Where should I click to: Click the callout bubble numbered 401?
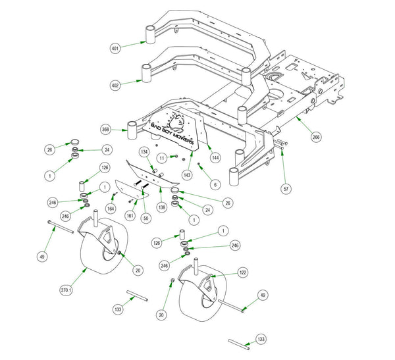[115, 48]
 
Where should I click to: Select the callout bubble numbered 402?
[115, 86]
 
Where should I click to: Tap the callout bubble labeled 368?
[105, 130]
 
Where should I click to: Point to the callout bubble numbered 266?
[316, 137]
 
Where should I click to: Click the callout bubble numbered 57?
[286, 189]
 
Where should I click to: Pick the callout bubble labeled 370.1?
[66, 290]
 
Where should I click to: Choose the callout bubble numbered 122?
[243, 272]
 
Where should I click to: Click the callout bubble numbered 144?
[215, 158]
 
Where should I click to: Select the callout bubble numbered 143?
[187, 175]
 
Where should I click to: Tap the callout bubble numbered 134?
[144, 152]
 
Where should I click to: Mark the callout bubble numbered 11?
[162, 158]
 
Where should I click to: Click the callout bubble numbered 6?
[215, 185]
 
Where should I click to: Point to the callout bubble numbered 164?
[111, 209]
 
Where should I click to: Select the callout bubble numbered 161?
[130, 216]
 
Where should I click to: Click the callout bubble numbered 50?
[146, 218]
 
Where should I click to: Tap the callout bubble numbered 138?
[162, 207]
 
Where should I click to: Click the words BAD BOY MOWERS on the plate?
[172, 134]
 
